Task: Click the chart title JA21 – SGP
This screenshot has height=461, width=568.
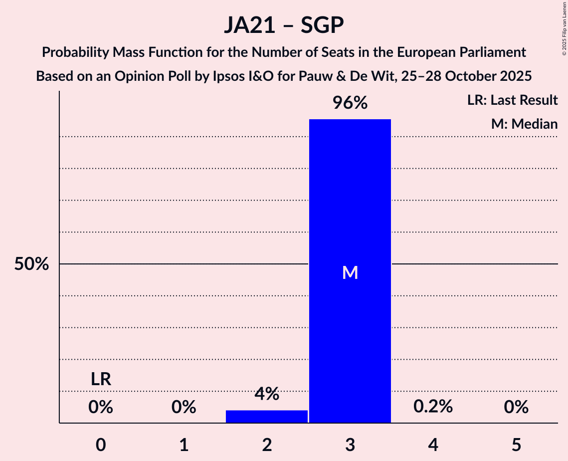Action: point(284,25)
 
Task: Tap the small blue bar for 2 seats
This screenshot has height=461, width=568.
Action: point(267,417)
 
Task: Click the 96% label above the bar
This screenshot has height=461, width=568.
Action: point(350,103)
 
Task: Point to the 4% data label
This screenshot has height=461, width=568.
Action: point(267,394)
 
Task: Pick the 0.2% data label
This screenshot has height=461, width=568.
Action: point(433,407)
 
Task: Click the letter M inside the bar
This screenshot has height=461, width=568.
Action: point(350,272)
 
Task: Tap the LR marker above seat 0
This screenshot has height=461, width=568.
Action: point(101,379)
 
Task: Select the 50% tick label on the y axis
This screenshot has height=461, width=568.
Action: point(31,264)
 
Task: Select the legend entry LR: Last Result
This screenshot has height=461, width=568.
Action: point(512,100)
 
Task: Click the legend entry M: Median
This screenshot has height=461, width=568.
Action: point(524,124)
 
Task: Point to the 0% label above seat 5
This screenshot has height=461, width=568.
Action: point(516,408)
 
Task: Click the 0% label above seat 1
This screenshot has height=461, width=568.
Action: point(184,408)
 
